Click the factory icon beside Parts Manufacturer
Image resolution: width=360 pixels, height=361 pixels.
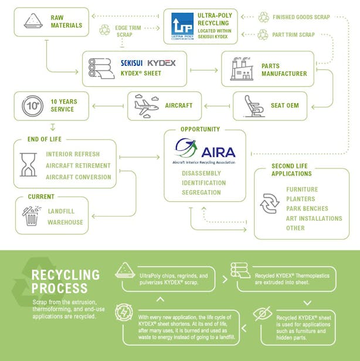click(x=241, y=69)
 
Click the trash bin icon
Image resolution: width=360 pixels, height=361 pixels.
click(x=31, y=215)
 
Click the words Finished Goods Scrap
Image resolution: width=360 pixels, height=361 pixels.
click(x=301, y=17)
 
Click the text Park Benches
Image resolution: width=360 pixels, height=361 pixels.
click(x=307, y=208)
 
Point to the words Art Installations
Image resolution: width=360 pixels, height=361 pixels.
click(x=314, y=218)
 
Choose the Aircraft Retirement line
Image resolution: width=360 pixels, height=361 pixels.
click(x=77, y=166)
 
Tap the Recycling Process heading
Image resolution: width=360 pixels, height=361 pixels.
click(x=65, y=281)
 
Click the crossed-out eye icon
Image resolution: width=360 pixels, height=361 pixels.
click(x=261, y=313)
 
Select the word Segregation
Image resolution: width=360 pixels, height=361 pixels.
click(x=201, y=193)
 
